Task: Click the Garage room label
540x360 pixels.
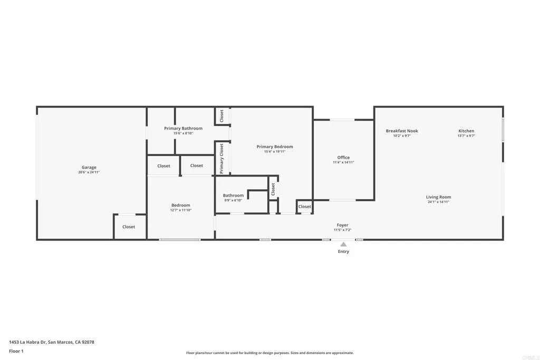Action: tap(89, 168)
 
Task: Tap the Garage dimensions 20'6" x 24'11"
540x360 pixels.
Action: tap(89, 172)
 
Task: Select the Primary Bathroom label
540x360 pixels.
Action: tap(183, 128)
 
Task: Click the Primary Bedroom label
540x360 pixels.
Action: tap(274, 147)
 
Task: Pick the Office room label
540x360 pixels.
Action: tap(343, 158)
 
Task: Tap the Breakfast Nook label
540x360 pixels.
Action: tap(402, 131)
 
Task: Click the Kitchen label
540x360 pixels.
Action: tap(466, 131)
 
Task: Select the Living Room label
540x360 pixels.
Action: tap(438, 197)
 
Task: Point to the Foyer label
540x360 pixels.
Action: tap(343, 225)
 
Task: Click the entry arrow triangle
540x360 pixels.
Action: tap(343, 244)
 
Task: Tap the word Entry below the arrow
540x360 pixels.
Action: tap(343, 251)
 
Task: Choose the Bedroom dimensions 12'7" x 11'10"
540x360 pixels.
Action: tap(180, 210)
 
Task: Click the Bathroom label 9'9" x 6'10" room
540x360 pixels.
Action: tap(233, 196)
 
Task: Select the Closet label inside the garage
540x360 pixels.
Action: tap(129, 227)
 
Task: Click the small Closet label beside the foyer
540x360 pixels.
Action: tap(304, 207)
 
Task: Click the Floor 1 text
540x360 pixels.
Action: tap(16, 351)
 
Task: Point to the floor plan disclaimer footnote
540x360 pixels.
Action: tap(269, 353)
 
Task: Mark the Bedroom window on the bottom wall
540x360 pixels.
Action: tap(180, 240)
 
